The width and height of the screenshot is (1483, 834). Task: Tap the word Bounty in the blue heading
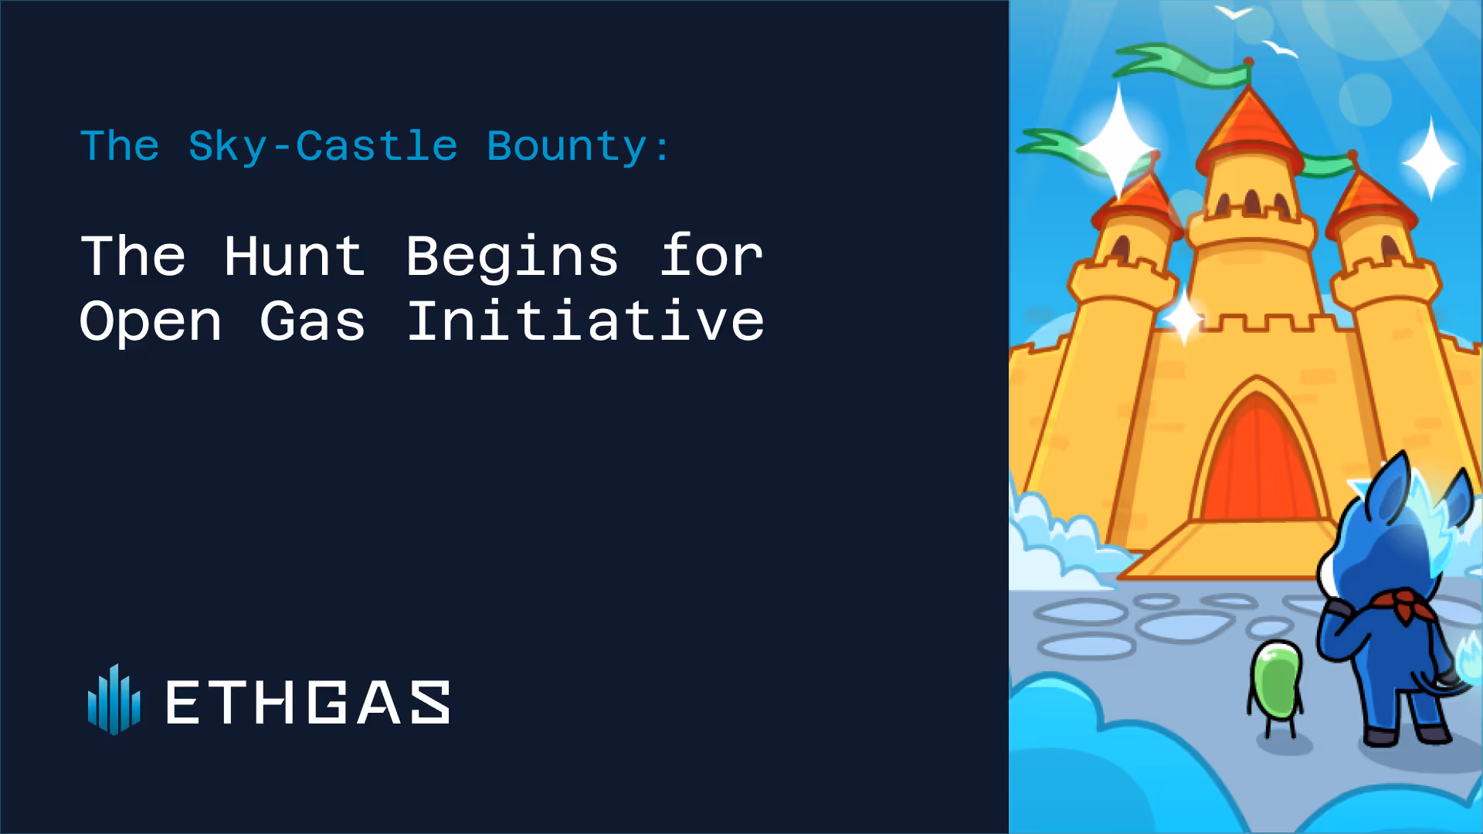pyautogui.click(x=567, y=147)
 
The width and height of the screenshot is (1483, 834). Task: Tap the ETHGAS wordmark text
pyautogui.click(x=308, y=702)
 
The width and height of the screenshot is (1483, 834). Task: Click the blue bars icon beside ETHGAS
pyautogui.click(x=114, y=700)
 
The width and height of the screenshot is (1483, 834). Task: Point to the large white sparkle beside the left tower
pyautogui.click(x=1118, y=143)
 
